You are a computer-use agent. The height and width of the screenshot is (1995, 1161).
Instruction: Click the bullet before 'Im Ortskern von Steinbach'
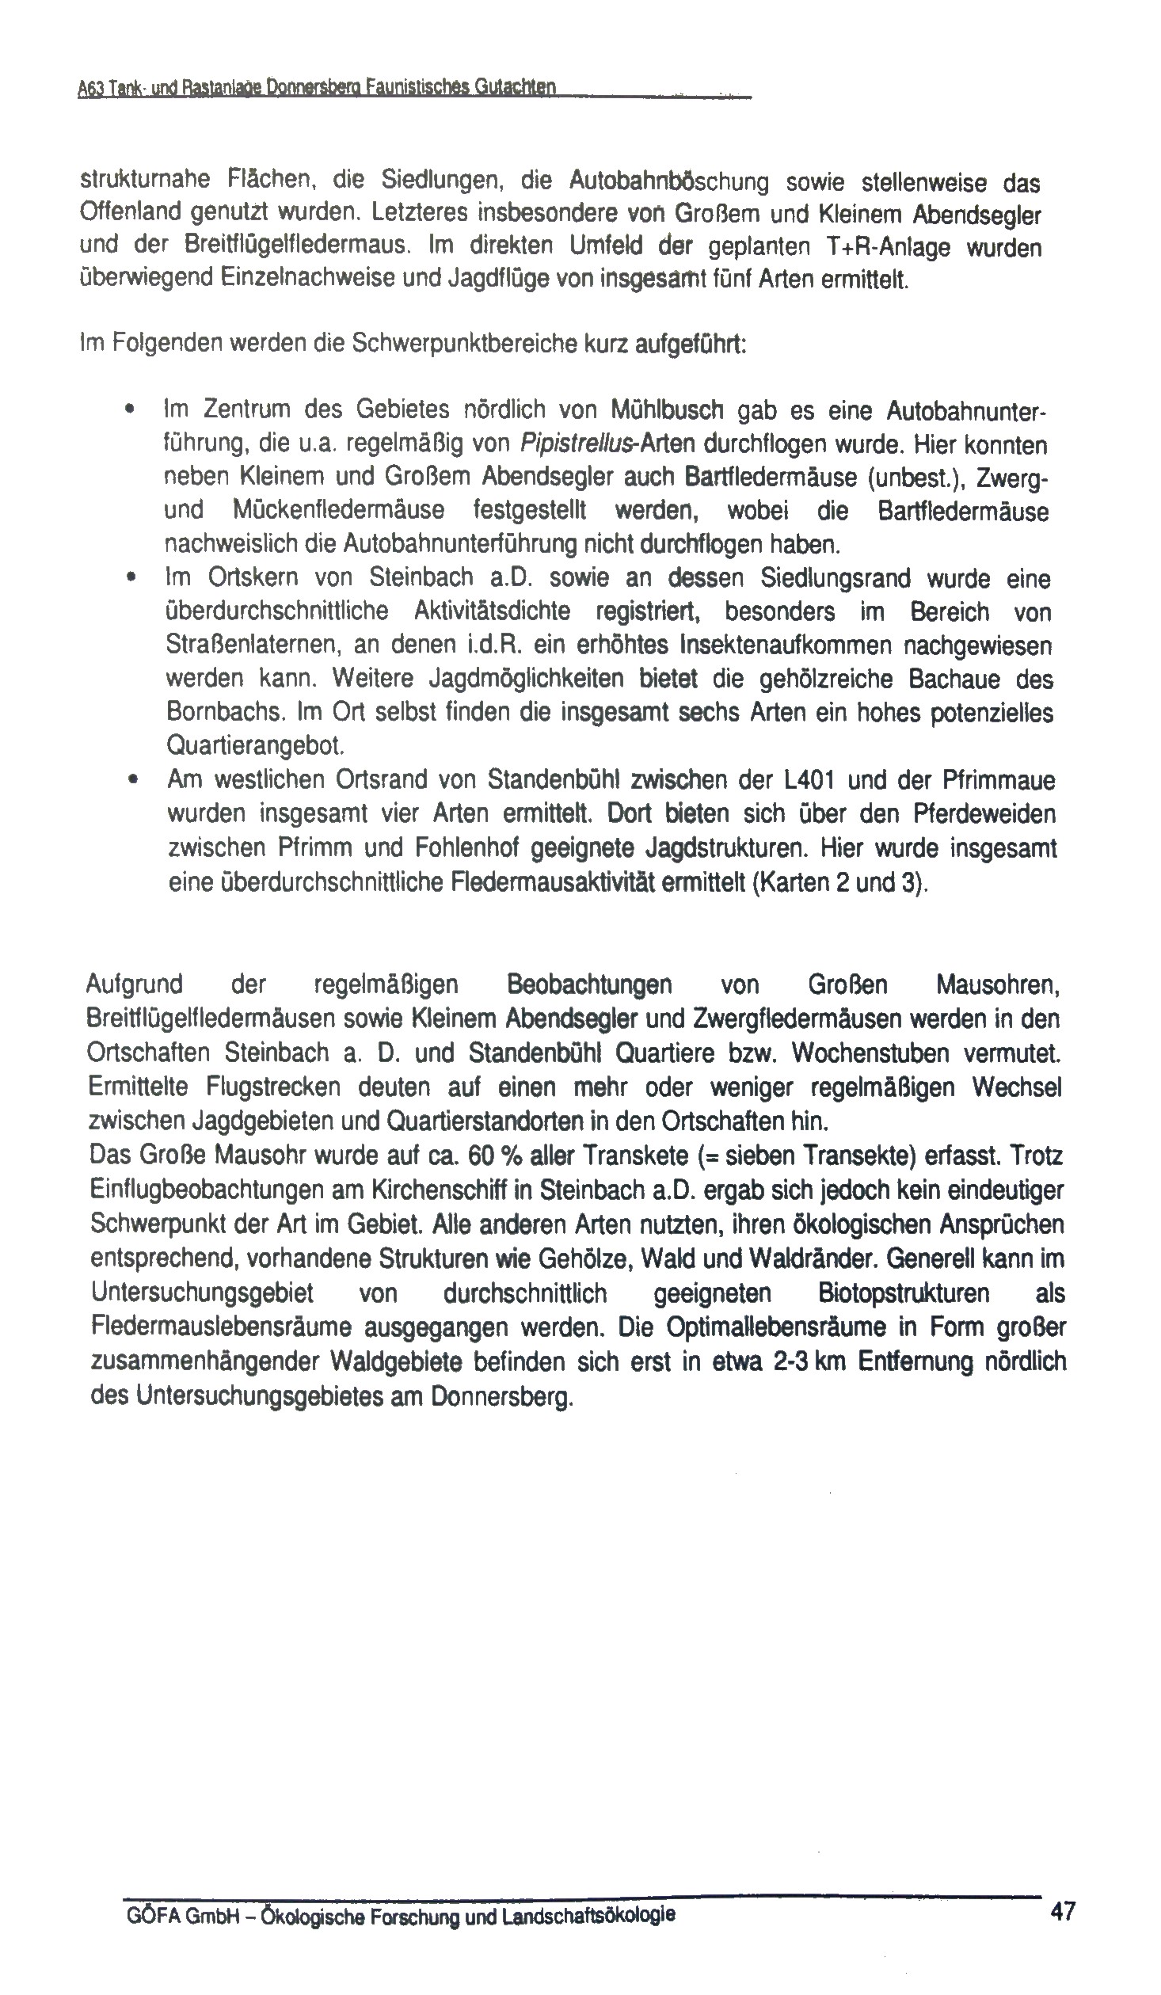point(129,577)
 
